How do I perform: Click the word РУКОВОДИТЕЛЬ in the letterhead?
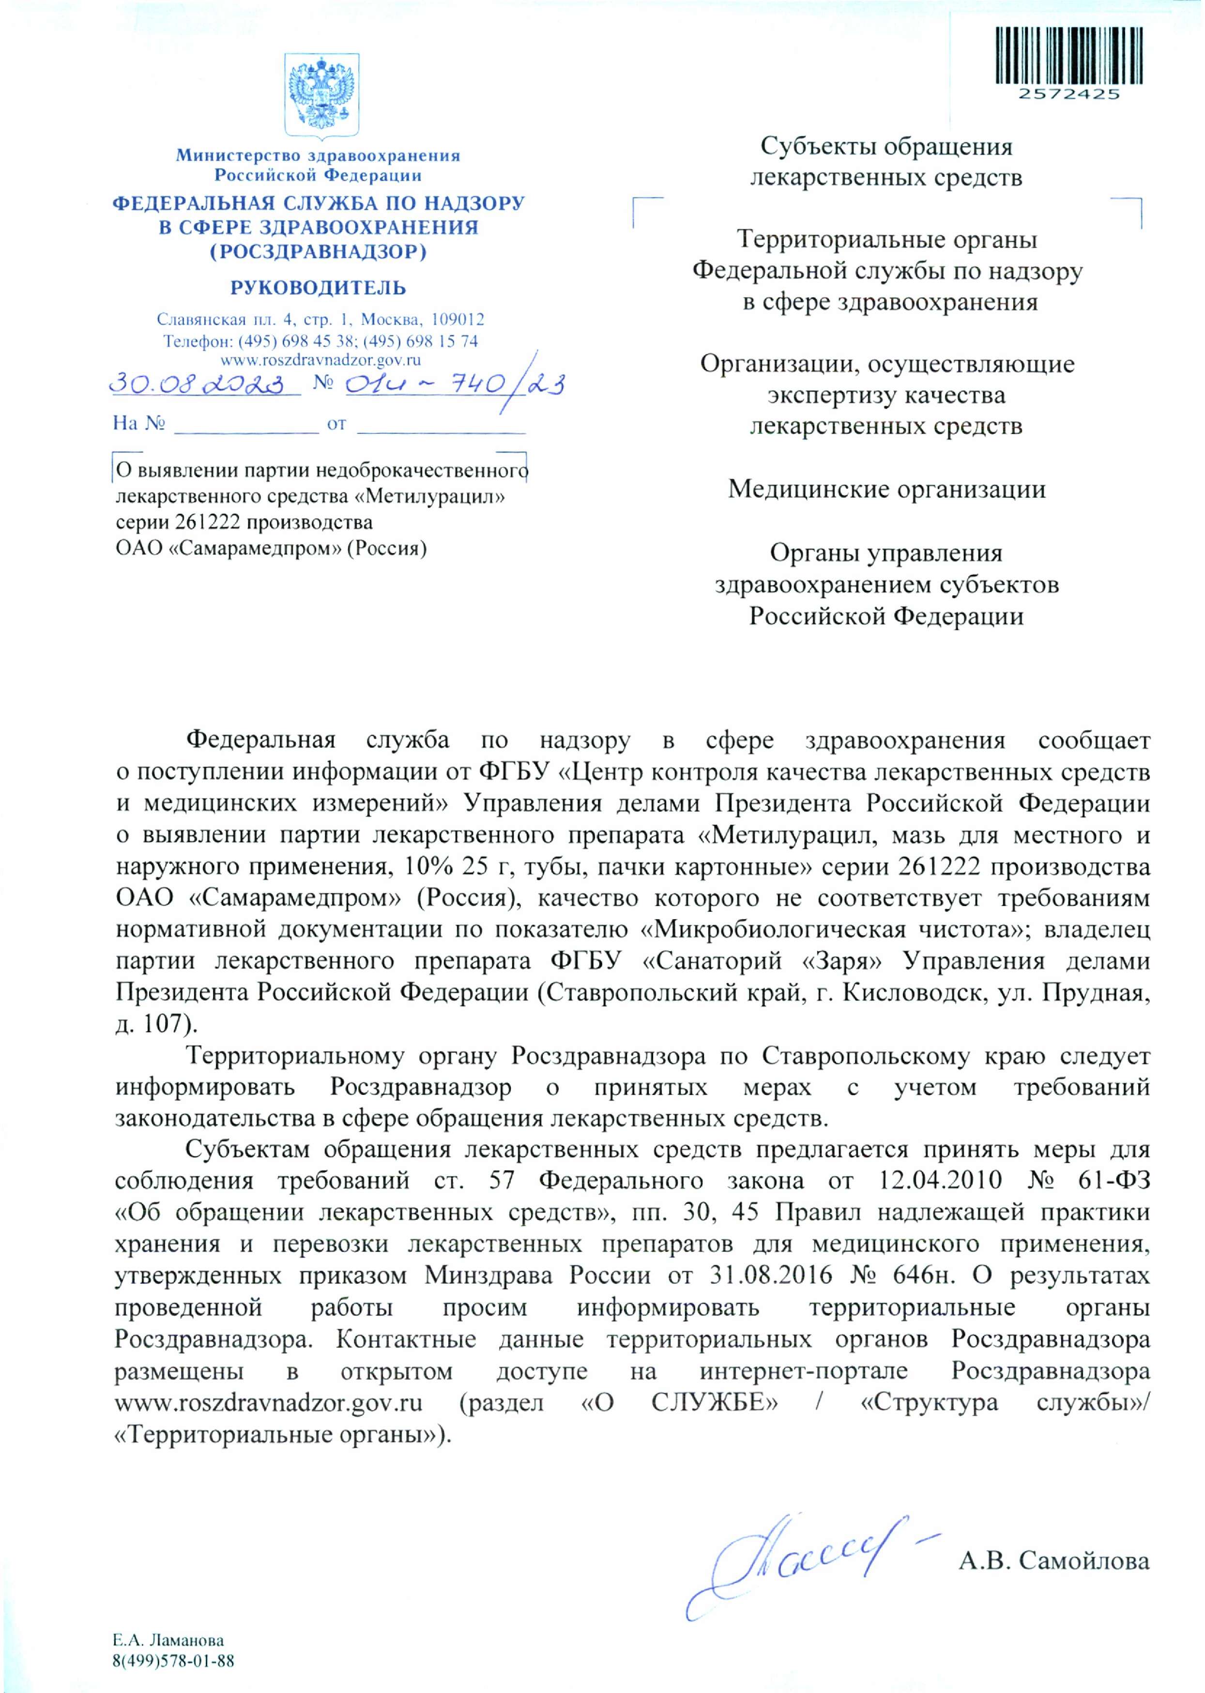[x=319, y=287]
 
